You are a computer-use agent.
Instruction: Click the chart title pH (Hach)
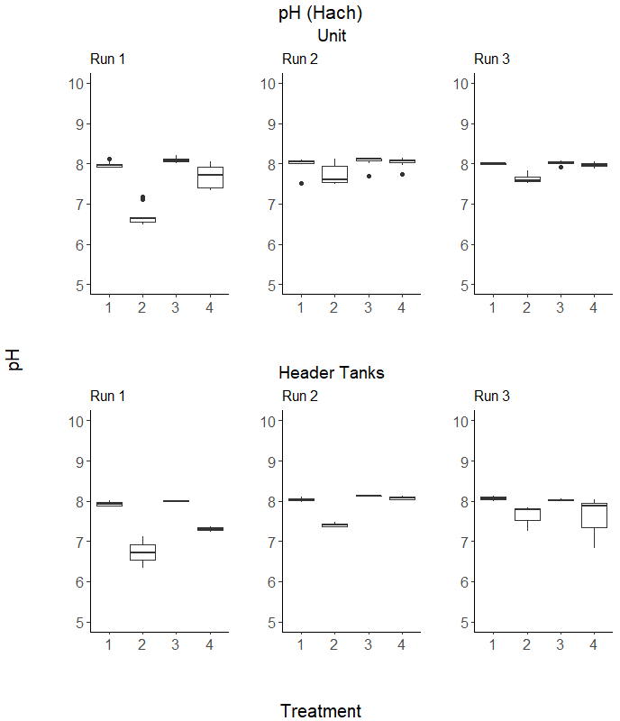(321, 14)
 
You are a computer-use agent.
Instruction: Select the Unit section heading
(332, 36)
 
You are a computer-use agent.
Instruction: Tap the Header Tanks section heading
(332, 373)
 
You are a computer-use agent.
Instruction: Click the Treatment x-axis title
(321, 711)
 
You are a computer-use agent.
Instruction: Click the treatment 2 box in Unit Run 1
(142, 219)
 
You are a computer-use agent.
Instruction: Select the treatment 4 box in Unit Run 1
(210, 177)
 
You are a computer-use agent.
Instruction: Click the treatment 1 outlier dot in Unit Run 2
(301, 183)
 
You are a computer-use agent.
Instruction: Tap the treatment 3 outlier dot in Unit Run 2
(369, 176)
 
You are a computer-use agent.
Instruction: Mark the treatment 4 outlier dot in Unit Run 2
(402, 174)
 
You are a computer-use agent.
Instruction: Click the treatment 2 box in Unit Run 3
(526, 179)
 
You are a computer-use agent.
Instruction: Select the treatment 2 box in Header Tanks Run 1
(142, 552)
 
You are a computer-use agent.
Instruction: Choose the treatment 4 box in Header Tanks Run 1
(210, 529)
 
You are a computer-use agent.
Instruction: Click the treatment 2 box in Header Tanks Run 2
(334, 525)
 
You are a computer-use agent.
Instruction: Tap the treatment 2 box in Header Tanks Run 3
(526, 515)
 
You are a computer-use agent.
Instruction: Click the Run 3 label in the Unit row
(492, 59)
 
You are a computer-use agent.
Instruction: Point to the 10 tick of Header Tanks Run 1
(76, 421)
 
